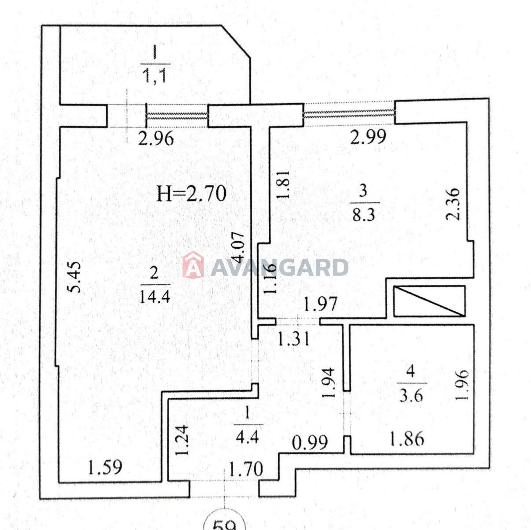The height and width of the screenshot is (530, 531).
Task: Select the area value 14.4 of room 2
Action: [x=155, y=296]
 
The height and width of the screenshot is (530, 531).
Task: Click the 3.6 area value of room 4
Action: [x=411, y=396]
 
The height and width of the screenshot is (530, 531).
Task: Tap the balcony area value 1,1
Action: [x=155, y=76]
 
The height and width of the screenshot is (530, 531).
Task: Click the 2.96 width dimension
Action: [x=156, y=138]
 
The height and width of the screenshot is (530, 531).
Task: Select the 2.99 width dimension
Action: [x=368, y=136]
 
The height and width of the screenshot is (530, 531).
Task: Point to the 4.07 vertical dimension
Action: [x=239, y=248]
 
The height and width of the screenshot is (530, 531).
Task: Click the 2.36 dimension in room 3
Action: [x=453, y=204]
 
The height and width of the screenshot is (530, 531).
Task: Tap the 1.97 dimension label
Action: [x=321, y=304]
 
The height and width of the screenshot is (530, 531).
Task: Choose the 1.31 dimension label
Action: [x=293, y=339]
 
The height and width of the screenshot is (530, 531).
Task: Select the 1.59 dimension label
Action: [x=105, y=467]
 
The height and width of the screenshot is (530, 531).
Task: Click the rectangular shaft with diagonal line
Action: [x=429, y=301]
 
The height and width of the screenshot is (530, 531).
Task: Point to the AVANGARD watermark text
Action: [x=279, y=267]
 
